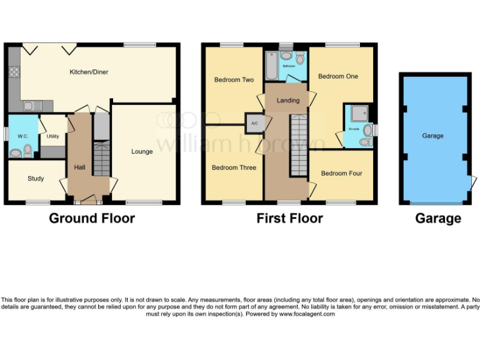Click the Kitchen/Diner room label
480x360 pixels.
pos(88,72)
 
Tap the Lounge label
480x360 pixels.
pos(142,151)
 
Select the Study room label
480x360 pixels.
pos(36,179)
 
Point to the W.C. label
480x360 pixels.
pos(23,136)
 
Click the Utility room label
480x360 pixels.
pos(52,136)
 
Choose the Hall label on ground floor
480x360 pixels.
pos(79,167)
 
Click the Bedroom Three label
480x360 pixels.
pos(234,167)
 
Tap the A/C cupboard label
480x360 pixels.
pos(254,123)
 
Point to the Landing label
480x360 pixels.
pos(288,100)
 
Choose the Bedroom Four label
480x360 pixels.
pos(341,173)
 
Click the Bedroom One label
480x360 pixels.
pos(338,76)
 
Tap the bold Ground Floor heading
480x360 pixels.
pos(92,218)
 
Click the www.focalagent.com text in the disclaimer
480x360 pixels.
pos(307,314)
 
